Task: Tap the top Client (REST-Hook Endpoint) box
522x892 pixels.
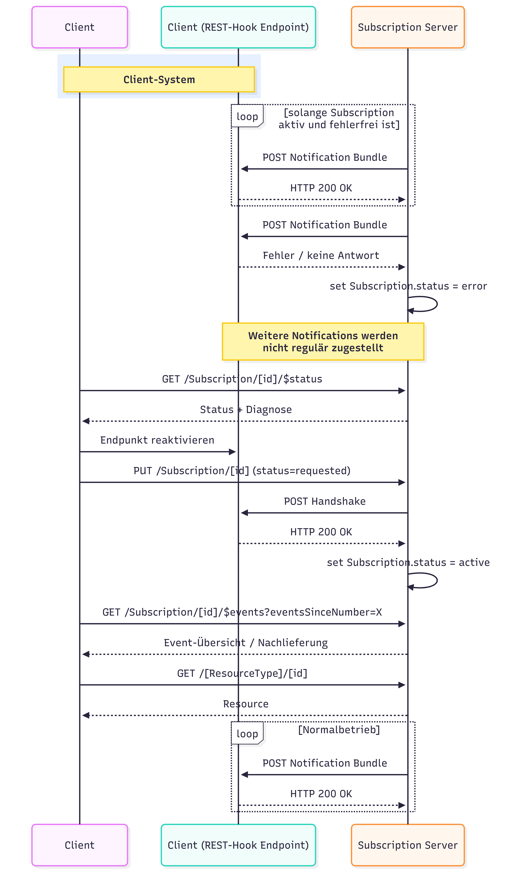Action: point(238,27)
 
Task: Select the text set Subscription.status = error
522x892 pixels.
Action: point(408,286)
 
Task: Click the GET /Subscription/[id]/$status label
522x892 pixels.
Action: point(242,379)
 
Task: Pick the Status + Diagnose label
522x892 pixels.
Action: point(246,410)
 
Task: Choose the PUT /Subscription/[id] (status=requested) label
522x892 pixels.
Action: point(242,471)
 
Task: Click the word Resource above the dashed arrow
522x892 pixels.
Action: point(246,704)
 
